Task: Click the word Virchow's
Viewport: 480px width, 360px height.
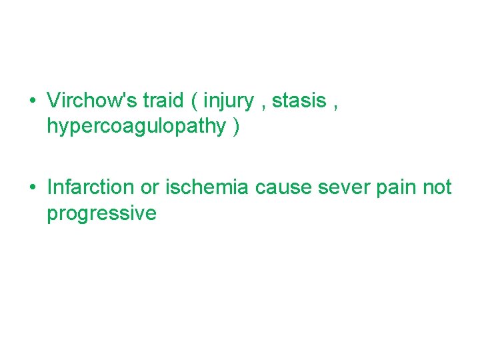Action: [92, 101]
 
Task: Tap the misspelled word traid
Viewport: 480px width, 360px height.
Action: [163, 101]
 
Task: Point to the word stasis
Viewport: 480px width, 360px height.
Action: [299, 101]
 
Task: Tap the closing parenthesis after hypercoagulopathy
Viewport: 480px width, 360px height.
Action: [236, 127]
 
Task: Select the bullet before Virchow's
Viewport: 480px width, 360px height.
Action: [32, 102]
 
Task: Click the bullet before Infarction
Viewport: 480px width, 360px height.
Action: [32, 188]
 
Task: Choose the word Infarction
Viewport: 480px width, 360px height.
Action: [90, 187]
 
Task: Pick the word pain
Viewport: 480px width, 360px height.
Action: [395, 188]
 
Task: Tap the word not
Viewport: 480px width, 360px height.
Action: [437, 188]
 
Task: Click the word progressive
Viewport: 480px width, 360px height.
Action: [101, 214]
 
